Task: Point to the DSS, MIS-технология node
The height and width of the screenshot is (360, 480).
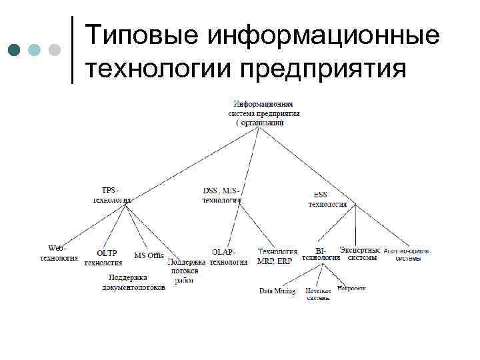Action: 222,195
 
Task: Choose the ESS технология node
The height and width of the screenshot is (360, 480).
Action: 327,199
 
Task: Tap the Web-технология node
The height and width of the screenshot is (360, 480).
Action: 59,253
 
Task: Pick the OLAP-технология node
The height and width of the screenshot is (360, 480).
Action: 228,257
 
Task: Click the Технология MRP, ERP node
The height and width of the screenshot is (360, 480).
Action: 275,257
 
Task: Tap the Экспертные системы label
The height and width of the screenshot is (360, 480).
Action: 361,253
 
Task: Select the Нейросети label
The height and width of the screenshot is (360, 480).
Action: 351,289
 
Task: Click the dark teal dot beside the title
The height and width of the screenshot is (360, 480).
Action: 13,49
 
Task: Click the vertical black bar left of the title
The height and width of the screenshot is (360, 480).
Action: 72,49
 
